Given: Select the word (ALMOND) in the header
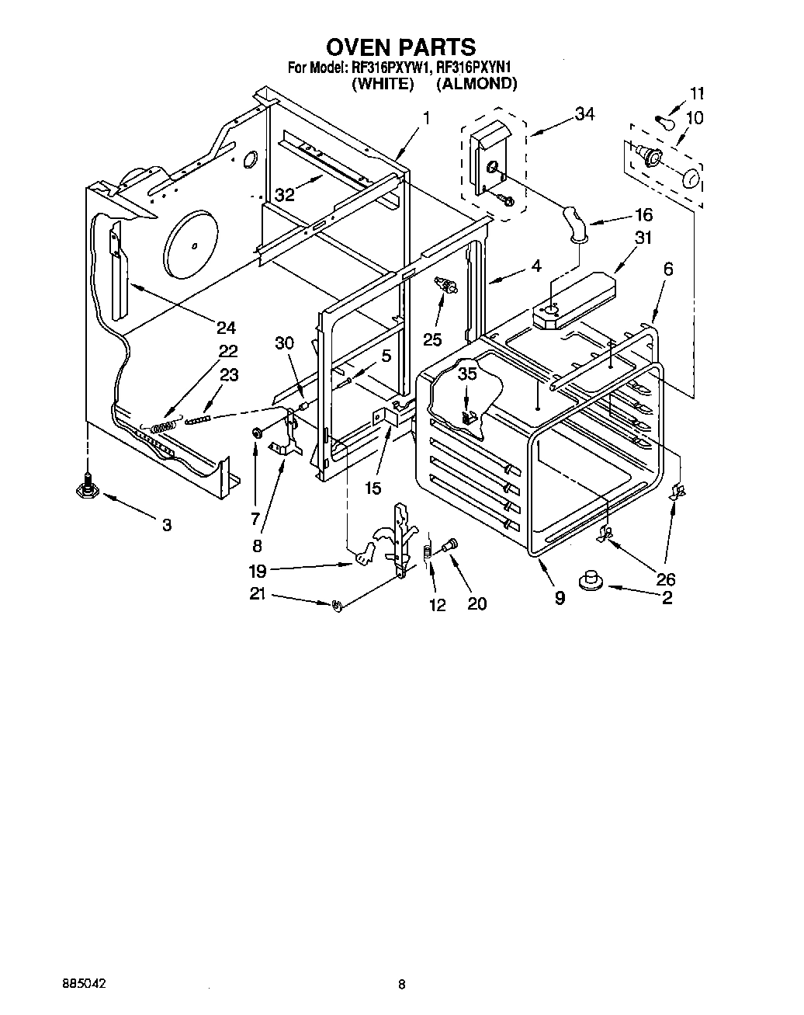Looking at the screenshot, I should click(x=476, y=84).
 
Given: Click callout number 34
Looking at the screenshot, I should click(x=584, y=114).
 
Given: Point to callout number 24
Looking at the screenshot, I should click(x=226, y=327).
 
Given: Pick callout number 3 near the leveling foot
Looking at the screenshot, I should click(x=166, y=525).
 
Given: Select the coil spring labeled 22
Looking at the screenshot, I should click(x=164, y=426).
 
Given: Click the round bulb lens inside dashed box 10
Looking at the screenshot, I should click(x=690, y=180).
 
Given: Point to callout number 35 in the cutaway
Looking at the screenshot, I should click(x=466, y=373).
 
